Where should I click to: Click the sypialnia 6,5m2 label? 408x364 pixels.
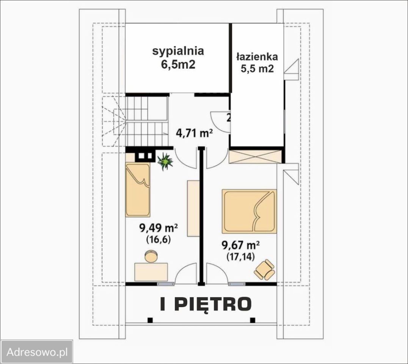click(x=178, y=57)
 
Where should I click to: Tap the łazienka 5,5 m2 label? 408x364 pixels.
click(x=257, y=63)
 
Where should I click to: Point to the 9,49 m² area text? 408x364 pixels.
click(x=159, y=228)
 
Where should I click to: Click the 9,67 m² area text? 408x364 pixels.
click(x=241, y=245)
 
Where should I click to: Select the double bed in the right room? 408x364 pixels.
click(x=250, y=211)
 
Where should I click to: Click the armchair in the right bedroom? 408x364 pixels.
click(x=265, y=270)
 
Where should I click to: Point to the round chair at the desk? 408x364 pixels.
click(x=152, y=256)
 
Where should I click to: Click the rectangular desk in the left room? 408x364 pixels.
click(x=151, y=271)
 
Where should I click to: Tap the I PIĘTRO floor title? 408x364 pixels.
click(x=206, y=304)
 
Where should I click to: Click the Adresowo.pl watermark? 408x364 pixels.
click(x=37, y=352)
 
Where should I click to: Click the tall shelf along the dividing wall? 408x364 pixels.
click(x=193, y=208)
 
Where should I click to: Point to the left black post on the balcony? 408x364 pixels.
click(x=150, y=320)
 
